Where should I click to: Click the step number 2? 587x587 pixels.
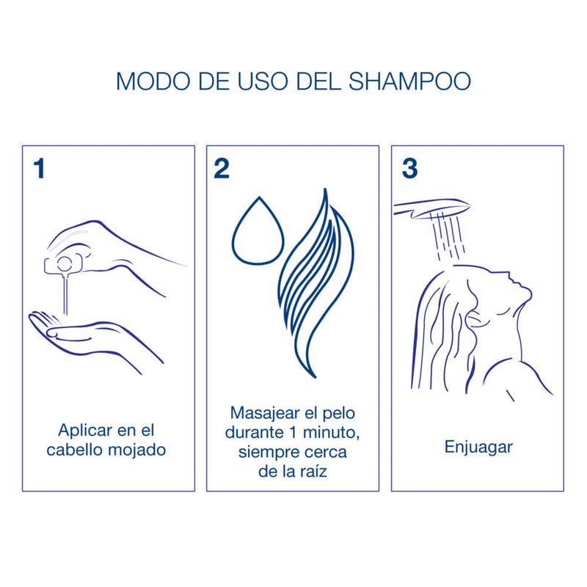coord(221,167)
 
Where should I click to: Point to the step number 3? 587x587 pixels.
coord(409,167)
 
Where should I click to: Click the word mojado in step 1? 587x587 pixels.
coord(137,449)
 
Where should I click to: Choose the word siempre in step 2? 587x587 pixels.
coord(263,449)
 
